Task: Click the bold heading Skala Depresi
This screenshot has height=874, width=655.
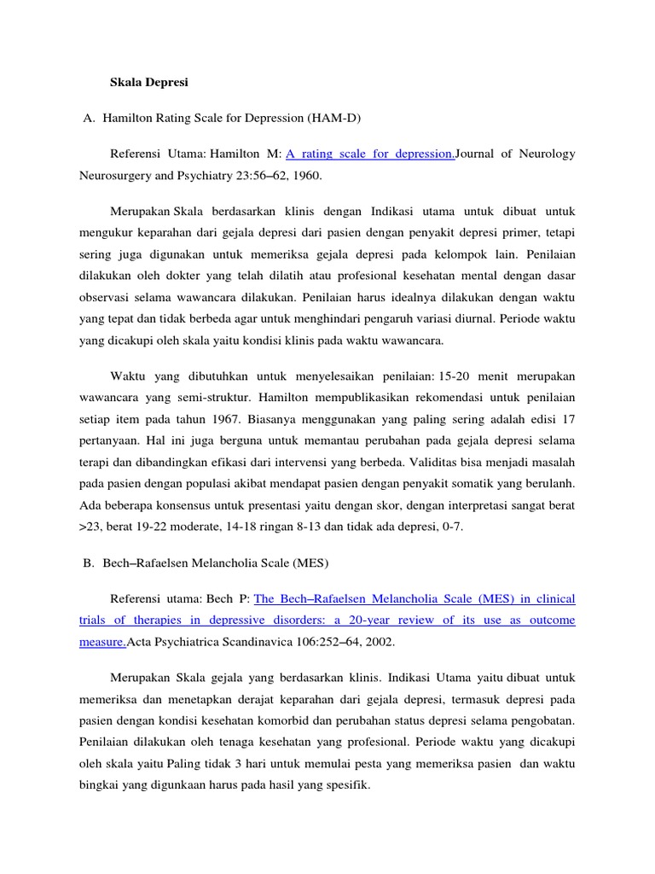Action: pos(149,84)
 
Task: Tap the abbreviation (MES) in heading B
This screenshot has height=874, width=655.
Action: pos(310,563)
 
